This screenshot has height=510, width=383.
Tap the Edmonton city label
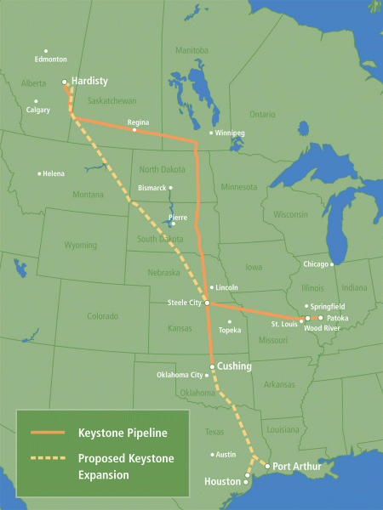[50, 59]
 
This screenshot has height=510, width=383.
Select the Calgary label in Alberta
[38, 110]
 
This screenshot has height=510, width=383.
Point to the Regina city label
[138, 122]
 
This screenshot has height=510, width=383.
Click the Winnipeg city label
[230, 133]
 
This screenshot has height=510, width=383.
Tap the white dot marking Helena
[39, 173]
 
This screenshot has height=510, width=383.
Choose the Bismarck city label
[152, 187]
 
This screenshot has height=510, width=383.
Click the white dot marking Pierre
[172, 224]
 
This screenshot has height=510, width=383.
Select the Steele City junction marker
[207, 303]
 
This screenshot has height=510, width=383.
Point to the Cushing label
[235, 366]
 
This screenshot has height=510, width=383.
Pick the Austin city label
[225, 455]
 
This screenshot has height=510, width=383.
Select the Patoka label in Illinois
[337, 317]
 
